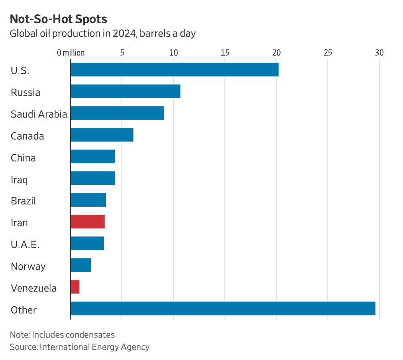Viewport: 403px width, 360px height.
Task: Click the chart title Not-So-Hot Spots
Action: (x=59, y=19)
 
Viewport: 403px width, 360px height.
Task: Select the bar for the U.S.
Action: (x=174, y=70)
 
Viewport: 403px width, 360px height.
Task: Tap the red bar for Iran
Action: (x=87, y=222)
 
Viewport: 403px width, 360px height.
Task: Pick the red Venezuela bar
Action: (x=75, y=287)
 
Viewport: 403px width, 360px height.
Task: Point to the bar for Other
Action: (x=223, y=308)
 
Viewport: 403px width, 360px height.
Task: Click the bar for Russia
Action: (x=125, y=91)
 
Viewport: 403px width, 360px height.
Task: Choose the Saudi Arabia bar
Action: (x=117, y=113)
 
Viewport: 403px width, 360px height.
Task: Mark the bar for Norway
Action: (x=81, y=265)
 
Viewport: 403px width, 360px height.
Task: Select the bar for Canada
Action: (x=102, y=135)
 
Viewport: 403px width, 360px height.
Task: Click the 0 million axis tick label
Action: (x=71, y=53)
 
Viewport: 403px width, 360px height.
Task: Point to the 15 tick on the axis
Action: (x=225, y=53)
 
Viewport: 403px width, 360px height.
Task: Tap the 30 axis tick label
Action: (x=379, y=53)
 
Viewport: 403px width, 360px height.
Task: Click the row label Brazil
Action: (x=23, y=201)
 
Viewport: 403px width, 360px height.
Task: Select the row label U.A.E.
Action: (x=25, y=245)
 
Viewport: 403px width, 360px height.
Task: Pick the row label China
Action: (x=23, y=158)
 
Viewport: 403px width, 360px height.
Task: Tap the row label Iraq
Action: (x=19, y=180)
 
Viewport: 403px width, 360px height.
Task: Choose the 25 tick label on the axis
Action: (x=328, y=53)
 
